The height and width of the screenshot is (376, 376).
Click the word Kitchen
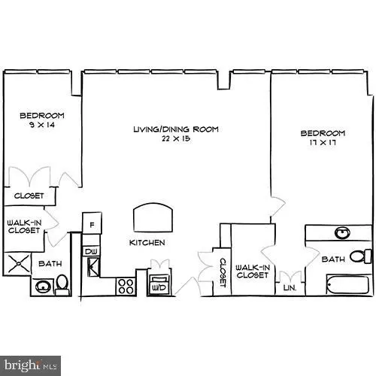click(x=147, y=243)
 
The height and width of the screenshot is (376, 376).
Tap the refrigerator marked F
click(x=92, y=225)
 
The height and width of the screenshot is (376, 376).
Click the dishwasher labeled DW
click(x=91, y=251)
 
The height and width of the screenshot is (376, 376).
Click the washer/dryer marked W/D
click(x=159, y=287)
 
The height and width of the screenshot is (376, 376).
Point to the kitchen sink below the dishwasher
click(x=93, y=265)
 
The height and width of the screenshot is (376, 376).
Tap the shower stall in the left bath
click(x=17, y=265)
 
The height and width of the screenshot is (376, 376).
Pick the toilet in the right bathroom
click(x=362, y=256)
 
